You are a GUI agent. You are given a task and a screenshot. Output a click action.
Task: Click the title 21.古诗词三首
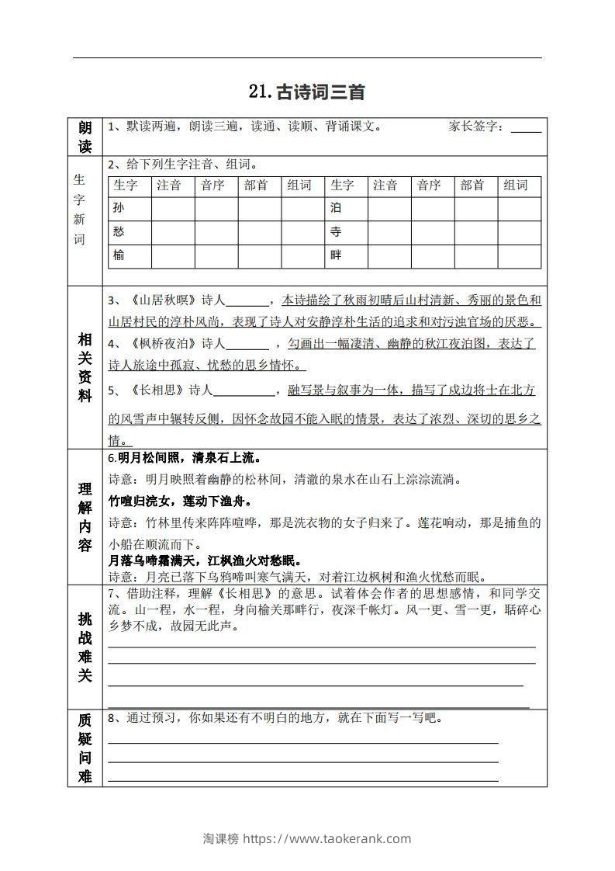click(x=307, y=92)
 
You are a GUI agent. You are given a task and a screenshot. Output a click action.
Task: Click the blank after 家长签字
click(x=527, y=128)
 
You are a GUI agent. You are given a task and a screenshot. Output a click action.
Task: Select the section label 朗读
click(x=85, y=137)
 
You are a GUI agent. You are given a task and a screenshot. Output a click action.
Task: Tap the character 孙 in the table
click(x=119, y=208)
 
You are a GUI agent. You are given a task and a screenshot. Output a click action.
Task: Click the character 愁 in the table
click(x=119, y=231)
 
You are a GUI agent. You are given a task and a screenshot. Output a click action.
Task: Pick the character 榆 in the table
click(x=119, y=255)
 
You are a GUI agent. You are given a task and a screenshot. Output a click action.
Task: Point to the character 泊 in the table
click(x=336, y=208)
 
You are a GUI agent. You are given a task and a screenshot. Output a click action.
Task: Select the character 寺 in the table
click(x=336, y=231)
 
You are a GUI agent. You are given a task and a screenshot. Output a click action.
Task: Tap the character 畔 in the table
click(x=336, y=255)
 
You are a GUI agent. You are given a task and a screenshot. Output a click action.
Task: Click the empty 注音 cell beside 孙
click(x=173, y=208)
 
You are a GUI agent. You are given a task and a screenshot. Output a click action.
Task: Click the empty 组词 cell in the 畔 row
click(x=519, y=255)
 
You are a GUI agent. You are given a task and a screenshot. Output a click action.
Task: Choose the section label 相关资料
click(x=85, y=367)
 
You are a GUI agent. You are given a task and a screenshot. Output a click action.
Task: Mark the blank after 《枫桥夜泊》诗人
click(x=247, y=344)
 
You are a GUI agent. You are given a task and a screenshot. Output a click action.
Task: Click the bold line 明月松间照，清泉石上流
click(x=188, y=458)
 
